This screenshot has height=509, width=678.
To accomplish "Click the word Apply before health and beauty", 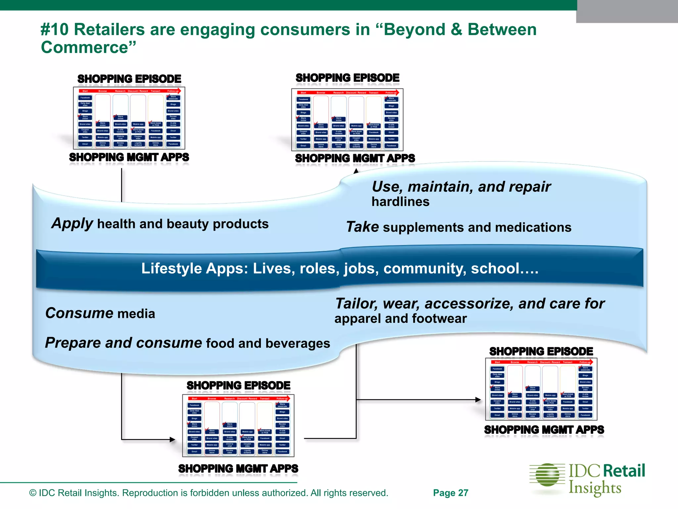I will pyautogui.click(x=72, y=224).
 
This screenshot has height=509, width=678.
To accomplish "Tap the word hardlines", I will pyautogui.click(x=400, y=202).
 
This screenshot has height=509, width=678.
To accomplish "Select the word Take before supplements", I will pyautogui.click(x=362, y=227).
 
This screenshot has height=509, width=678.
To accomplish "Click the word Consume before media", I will pyautogui.click(x=79, y=313).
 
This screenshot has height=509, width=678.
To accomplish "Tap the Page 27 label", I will pyautogui.click(x=451, y=493).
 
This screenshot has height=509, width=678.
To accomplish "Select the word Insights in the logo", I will pyautogui.click(x=595, y=488).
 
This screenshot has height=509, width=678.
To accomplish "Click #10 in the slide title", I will pyautogui.click(x=55, y=30).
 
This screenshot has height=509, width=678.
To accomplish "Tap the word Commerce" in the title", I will pyautogui.click(x=88, y=47).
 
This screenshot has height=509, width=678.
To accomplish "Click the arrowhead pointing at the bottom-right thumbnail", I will pyautogui.click(x=478, y=400).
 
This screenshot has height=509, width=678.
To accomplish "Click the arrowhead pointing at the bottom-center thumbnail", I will pyautogui.click(x=172, y=440).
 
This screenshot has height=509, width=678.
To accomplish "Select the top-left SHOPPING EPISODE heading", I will pyautogui.click(x=129, y=79).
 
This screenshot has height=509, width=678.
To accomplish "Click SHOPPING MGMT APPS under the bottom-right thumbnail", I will pyautogui.click(x=544, y=430).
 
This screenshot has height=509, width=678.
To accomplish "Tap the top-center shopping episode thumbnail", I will pyautogui.click(x=347, y=120).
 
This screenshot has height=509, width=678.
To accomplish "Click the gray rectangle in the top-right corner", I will pyautogui.click(x=627, y=12).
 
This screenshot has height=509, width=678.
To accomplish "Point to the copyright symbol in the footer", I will pyautogui.click(x=33, y=493).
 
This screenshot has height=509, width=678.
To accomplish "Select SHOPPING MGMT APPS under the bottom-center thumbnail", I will pyautogui.click(x=238, y=469).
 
